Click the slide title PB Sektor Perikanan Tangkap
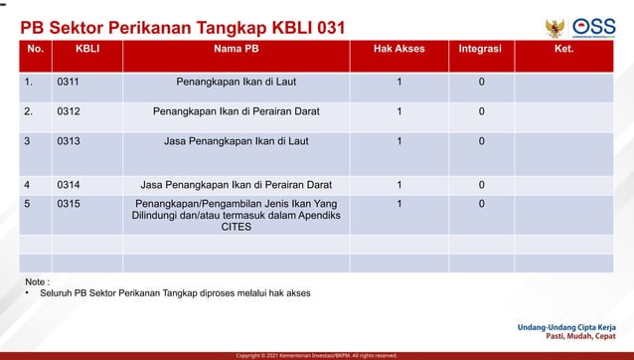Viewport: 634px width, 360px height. pyautogui.click(x=184, y=27)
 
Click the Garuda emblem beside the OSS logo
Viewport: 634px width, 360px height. pyautogui.click(x=555, y=29)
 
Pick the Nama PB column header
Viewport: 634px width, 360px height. pyautogui.click(x=237, y=48)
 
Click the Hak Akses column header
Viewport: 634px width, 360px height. pyautogui.click(x=398, y=48)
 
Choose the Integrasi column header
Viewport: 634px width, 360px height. pyautogui.click(x=480, y=48)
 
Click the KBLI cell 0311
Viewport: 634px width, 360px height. pyautogui.click(x=69, y=82)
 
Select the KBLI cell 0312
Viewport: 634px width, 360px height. pyautogui.click(x=69, y=111)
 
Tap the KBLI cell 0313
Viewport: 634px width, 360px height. pyautogui.click(x=69, y=141)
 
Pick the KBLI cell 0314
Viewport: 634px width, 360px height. pyautogui.click(x=69, y=184)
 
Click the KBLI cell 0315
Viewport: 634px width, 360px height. pyautogui.click(x=69, y=204)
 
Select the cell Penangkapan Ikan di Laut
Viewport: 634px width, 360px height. pyautogui.click(x=237, y=82)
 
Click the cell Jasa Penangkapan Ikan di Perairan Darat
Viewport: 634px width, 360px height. pyautogui.click(x=237, y=184)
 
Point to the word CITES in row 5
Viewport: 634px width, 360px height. pyautogui.click(x=237, y=227)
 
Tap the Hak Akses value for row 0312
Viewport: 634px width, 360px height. pyautogui.click(x=398, y=111)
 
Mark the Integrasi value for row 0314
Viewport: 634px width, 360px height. pyautogui.click(x=481, y=184)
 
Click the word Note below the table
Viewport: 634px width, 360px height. pyautogui.click(x=36, y=282)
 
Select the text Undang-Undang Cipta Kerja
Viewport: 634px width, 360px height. pyautogui.click(x=565, y=326)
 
